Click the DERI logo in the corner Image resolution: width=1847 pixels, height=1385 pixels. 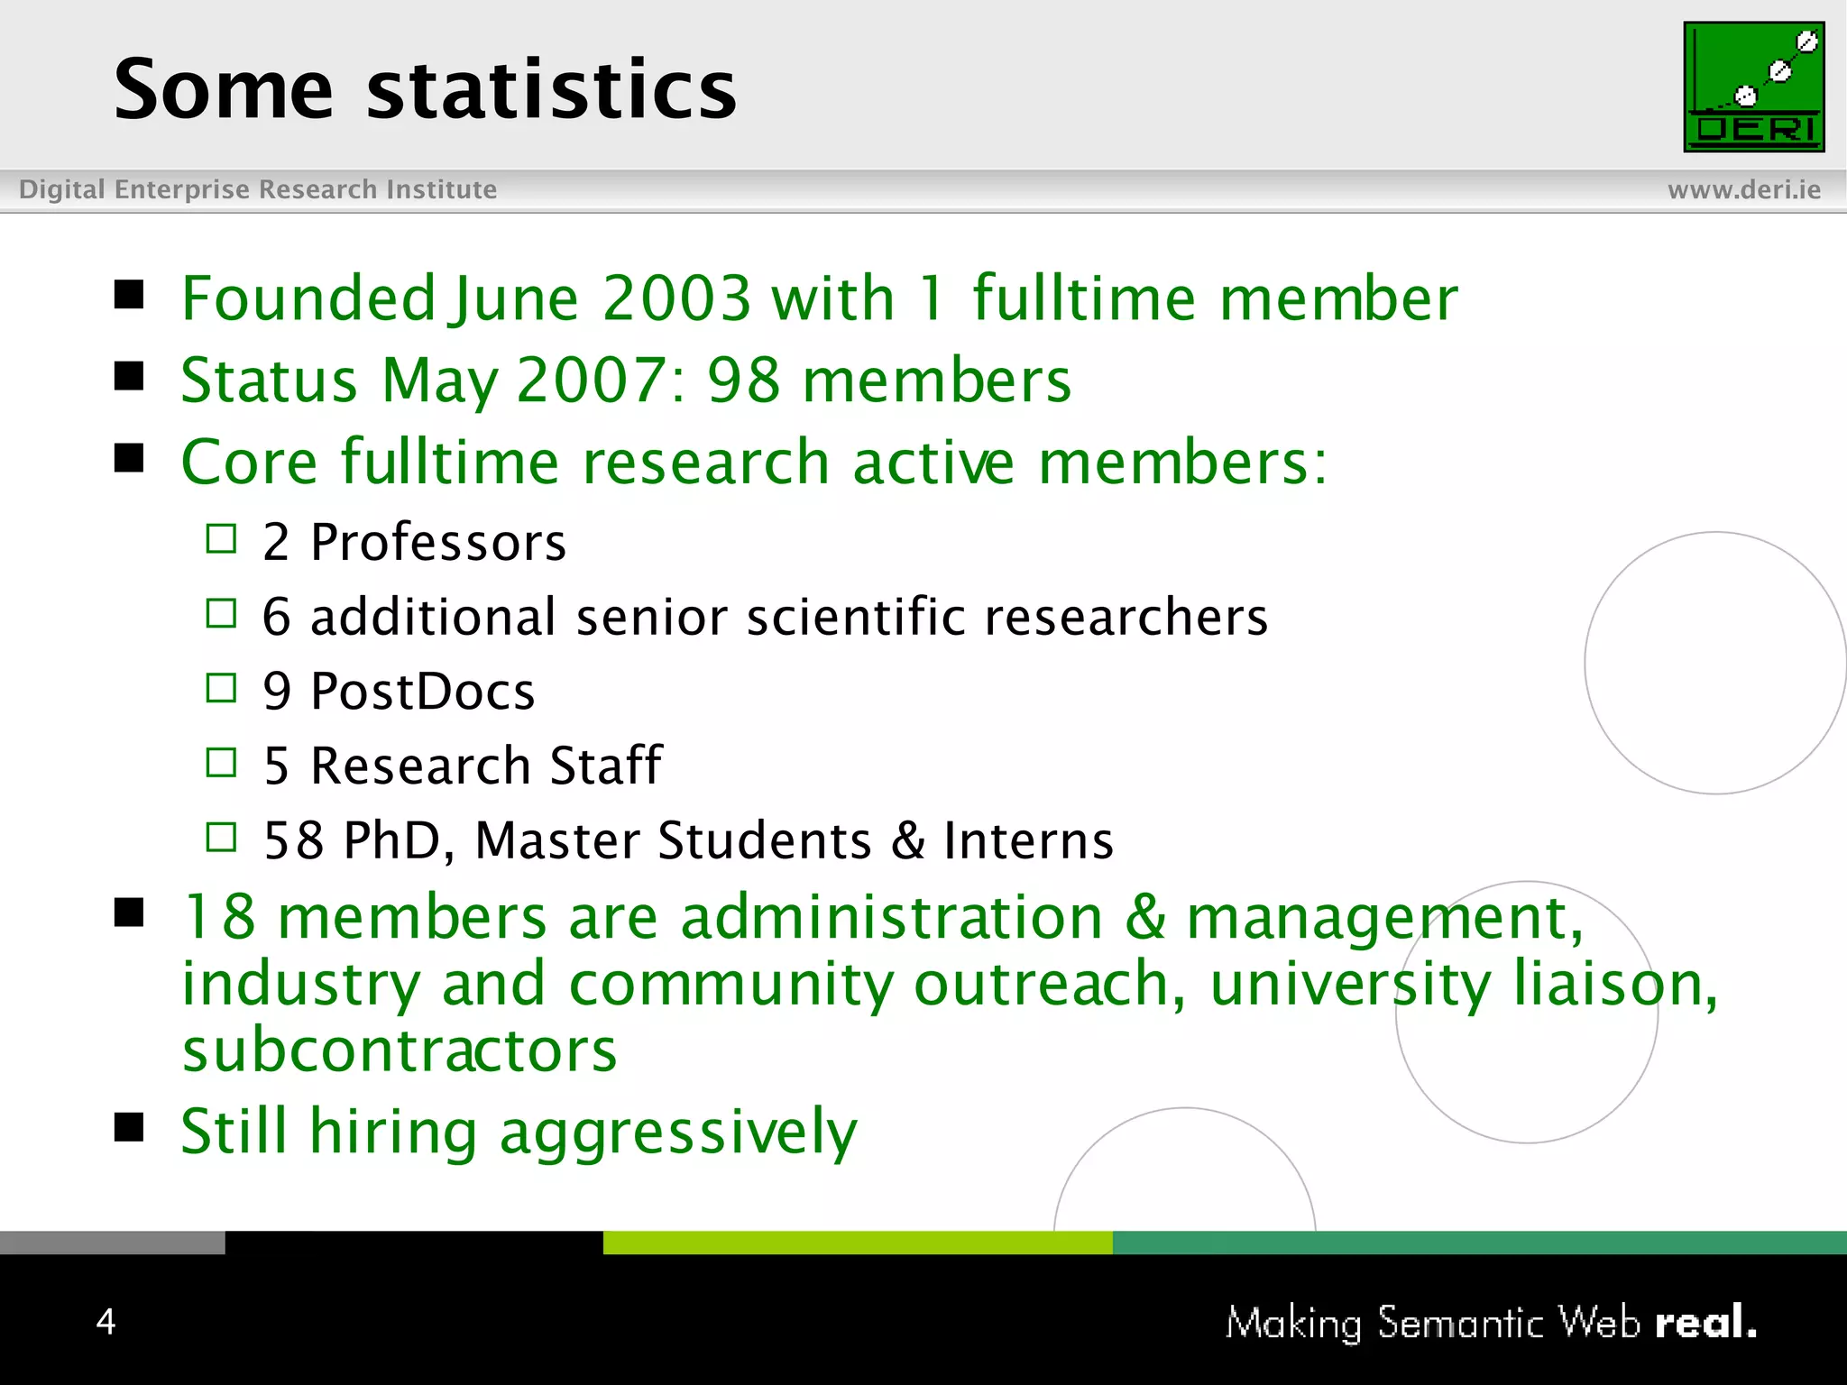click(x=1753, y=87)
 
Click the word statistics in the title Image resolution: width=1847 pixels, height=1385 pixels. click(x=551, y=89)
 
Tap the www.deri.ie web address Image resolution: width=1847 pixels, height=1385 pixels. click(x=1743, y=189)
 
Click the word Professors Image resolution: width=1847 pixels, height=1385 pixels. click(x=438, y=543)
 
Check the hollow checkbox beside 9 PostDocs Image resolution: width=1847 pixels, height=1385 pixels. click(x=221, y=689)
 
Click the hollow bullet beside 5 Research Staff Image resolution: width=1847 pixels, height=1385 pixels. click(x=221, y=764)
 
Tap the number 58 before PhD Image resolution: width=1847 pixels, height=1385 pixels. click(x=293, y=840)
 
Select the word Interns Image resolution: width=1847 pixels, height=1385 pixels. click(x=1028, y=840)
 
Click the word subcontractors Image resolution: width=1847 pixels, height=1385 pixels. click(x=400, y=1050)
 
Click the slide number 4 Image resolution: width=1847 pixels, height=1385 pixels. click(x=106, y=1322)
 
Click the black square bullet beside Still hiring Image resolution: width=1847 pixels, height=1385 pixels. click(x=130, y=1127)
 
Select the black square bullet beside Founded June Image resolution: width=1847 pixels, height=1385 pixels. click(x=130, y=295)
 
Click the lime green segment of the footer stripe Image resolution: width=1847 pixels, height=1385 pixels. click(x=857, y=1243)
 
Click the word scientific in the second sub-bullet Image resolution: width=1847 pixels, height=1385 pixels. click(x=856, y=618)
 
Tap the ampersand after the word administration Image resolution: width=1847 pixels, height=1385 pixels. click(x=1144, y=918)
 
